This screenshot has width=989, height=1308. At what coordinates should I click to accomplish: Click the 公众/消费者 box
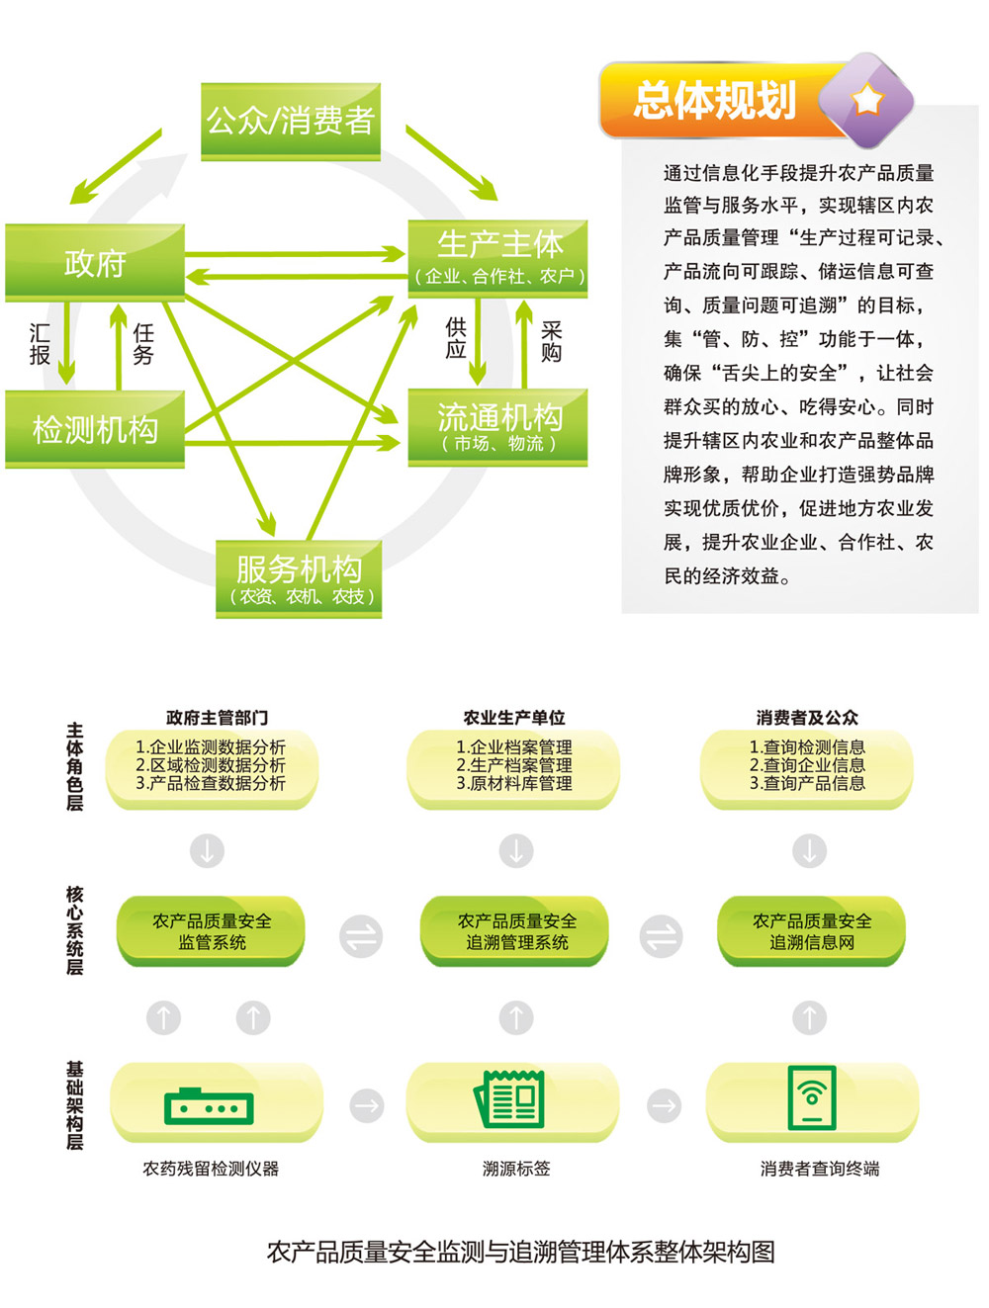coord(291,122)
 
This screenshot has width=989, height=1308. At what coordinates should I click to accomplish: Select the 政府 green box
coord(95,263)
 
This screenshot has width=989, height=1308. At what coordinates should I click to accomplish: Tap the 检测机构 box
coord(95,429)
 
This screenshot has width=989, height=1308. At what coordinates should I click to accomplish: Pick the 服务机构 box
coord(299,578)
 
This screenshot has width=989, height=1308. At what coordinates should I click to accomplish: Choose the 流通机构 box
coord(497,427)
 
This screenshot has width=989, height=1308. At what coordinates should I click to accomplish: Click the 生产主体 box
coord(497,259)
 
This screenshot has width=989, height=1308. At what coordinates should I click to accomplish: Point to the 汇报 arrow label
coord(40,344)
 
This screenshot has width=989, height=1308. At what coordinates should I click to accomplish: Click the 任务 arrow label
coord(143,344)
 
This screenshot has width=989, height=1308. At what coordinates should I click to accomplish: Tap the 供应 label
coord(456,338)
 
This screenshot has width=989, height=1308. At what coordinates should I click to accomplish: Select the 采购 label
coord(551,341)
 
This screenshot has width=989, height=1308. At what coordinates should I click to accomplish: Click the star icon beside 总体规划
coord(867,100)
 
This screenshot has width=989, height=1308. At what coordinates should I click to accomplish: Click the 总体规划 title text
coord(715,100)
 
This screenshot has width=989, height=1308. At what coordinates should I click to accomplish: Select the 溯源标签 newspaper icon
coord(509,1099)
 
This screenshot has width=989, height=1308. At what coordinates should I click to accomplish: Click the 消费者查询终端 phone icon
coord(811,1097)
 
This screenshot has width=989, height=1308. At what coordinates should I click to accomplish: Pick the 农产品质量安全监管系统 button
coord(211,931)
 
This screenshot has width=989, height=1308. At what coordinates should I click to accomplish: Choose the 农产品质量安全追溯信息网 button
coord(811,931)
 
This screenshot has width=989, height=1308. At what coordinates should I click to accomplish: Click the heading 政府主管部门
coord(217,718)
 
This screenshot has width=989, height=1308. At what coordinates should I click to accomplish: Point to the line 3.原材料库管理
coord(514,783)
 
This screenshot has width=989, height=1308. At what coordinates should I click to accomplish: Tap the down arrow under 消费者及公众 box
coord(809,850)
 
